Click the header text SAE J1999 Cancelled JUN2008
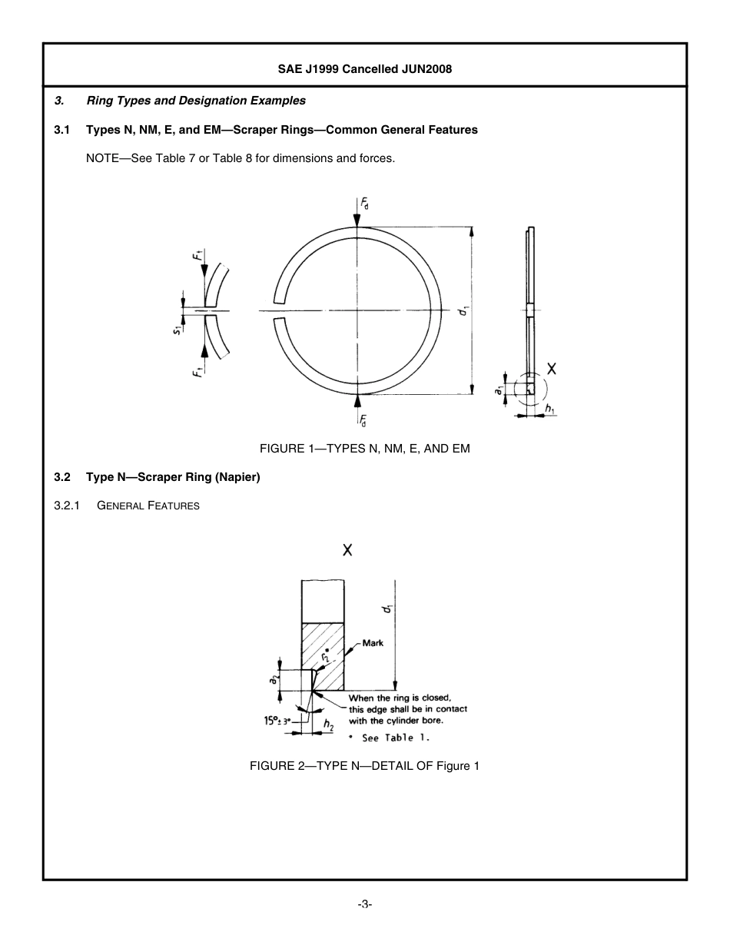pos(365,69)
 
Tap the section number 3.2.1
pos(68,506)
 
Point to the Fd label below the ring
pos(364,419)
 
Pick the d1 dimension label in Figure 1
pos(464,311)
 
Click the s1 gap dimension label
pos(178,330)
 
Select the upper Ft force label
pos(198,253)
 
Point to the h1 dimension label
pos(549,410)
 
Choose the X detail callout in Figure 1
pos(551,369)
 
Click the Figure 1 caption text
pos(364,449)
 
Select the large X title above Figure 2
pos(347,550)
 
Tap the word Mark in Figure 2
pos(373,643)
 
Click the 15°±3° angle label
pos(278,721)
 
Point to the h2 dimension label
pos(328,724)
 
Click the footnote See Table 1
pos(392,738)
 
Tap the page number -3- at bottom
pos(365,905)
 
